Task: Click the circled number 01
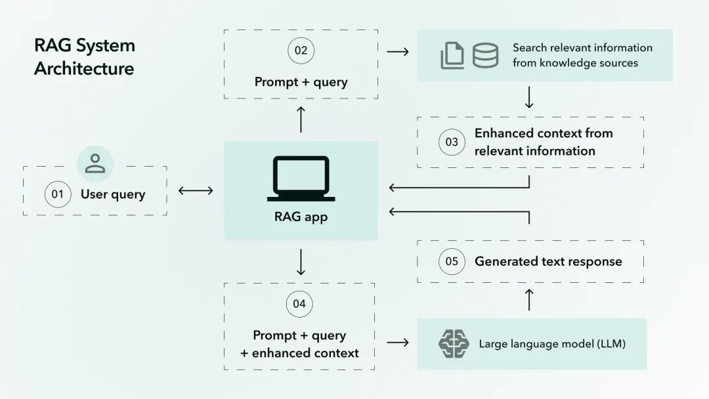pos(58,194)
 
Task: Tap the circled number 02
pos(301,51)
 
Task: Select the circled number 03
pos(452,142)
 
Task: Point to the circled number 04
pos(299,304)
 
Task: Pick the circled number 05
pos(452,261)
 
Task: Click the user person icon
pos(95,163)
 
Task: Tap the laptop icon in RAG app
pos(301,178)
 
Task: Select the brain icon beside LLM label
pos(454,344)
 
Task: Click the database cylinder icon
pos(485,56)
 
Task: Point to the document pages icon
pos(452,56)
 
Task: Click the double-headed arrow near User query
pos(196,191)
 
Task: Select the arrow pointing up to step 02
pos(301,119)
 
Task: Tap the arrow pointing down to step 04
pos(301,262)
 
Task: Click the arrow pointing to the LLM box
pos(398,343)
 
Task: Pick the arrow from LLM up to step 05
pos(529,299)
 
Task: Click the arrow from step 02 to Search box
pos(398,51)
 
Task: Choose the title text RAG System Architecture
pos(84,57)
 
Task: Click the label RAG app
pos(301,217)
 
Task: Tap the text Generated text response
pos(548,261)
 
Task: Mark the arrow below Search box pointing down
pos(529,98)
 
